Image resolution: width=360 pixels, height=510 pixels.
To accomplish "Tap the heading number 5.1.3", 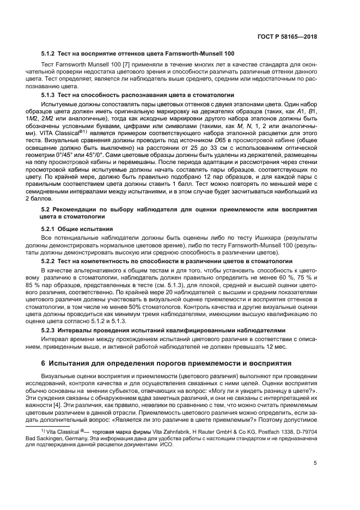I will (50, 95).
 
